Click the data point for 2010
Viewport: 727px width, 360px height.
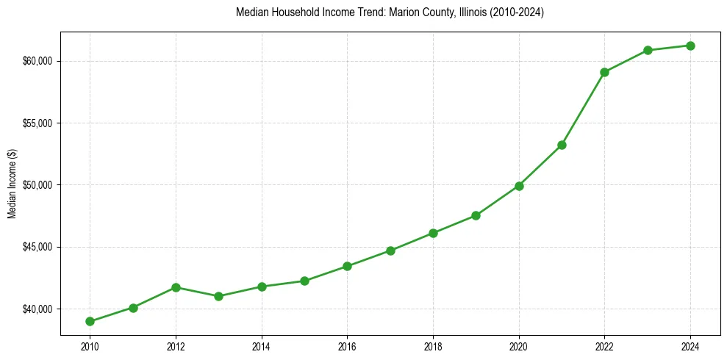pyautogui.click(x=90, y=321)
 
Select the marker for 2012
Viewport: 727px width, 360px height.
pyautogui.click(x=176, y=287)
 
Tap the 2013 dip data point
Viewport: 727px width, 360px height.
pyautogui.click(x=218, y=296)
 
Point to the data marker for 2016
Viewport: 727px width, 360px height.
pyautogui.click(x=347, y=266)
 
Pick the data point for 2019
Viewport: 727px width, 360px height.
pyautogui.click(x=476, y=215)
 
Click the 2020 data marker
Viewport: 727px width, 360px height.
pyautogui.click(x=519, y=186)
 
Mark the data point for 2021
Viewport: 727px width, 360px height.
pyautogui.click(x=562, y=145)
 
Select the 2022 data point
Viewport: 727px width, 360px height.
pyautogui.click(x=604, y=72)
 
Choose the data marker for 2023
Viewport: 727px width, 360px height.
pyautogui.click(x=648, y=50)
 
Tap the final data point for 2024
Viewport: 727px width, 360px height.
pyautogui.click(x=690, y=46)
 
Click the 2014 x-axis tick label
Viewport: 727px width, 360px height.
pyautogui.click(x=262, y=347)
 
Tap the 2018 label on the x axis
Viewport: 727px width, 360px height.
pyautogui.click(x=433, y=347)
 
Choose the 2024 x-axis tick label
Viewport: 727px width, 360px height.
pyautogui.click(x=690, y=347)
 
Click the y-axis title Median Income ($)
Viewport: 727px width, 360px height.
pyautogui.click(x=12, y=184)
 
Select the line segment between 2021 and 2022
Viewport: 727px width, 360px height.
pyautogui.click(x=583, y=109)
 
